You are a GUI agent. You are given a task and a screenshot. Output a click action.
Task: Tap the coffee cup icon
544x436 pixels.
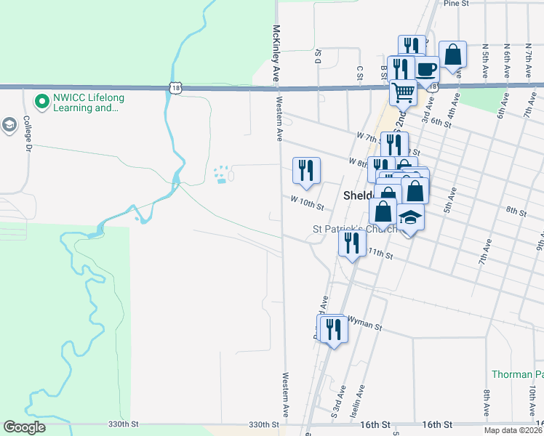point(427,70)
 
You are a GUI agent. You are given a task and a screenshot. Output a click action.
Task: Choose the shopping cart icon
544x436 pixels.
point(403,92)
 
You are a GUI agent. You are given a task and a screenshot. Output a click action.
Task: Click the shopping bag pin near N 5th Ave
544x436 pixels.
point(452,54)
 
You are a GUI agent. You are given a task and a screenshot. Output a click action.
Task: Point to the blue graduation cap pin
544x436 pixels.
point(410,218)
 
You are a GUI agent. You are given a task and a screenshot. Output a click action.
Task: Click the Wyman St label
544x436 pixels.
point(364,323)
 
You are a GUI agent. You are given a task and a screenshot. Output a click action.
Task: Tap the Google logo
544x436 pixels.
point(25,427)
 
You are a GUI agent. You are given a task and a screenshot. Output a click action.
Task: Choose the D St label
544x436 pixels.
point(319,57)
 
